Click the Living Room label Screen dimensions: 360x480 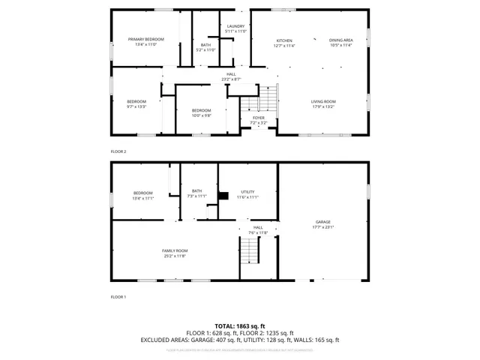coord(323,104)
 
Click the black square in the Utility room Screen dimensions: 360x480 coord(223,198)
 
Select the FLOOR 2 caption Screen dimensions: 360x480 coord(118,151)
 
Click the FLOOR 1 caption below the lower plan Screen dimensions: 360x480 coord(118,297)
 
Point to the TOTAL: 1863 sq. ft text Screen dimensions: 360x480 coord(240,326)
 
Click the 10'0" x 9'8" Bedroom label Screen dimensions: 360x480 coord(201,113)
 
